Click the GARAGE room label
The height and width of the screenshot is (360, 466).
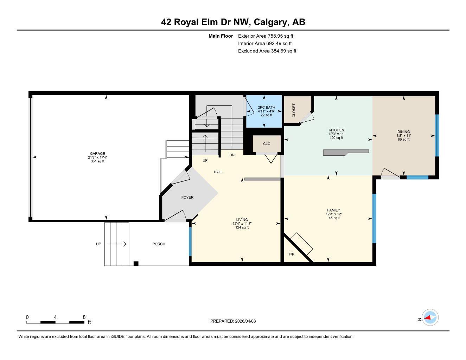[97, 154]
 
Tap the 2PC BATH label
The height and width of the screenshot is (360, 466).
[266, 108]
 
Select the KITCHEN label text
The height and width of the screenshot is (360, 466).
[336, 130]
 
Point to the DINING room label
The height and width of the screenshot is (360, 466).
[403, 132]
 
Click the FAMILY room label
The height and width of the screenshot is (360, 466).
[333, 210]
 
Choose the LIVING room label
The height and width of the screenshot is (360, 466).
[242, 220]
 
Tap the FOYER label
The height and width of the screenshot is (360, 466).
[187, 198]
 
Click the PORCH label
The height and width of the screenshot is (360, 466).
[159, 244]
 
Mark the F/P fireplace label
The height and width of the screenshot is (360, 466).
[291, 254]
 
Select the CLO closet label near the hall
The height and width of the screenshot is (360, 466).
[267, 144]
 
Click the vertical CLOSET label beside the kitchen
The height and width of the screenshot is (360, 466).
[294, 110]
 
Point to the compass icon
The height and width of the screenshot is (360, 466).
[430, 318]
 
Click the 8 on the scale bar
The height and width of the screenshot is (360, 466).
[84, 317]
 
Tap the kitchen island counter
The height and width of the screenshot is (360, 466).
[346, 152]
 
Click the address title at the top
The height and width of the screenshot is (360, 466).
[233, 22]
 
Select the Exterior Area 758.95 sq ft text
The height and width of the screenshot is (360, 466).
[266, 36]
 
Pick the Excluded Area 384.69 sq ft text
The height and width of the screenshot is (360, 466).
[267, 51]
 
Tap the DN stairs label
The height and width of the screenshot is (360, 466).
[232, 155]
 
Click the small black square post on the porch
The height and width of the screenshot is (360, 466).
[136, 264]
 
